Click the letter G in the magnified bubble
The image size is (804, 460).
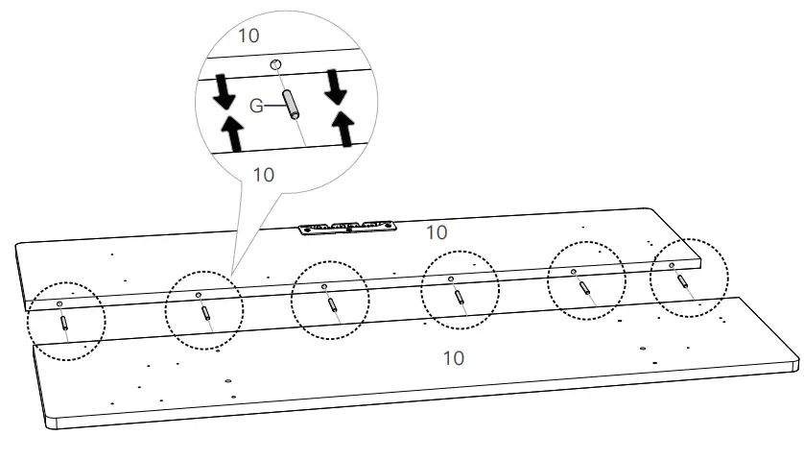[256, 106]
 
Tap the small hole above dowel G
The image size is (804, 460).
[276, 64]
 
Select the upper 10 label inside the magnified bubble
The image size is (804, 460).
[249, 35]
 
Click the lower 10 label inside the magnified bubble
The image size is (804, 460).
[262, 175]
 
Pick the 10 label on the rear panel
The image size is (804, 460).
[436, 232]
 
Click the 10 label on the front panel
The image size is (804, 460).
[453, 358]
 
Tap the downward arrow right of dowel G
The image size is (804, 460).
[336, 89]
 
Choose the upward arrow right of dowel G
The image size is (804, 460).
[343, 127]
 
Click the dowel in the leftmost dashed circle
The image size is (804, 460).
[64, 321]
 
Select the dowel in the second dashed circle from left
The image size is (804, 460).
[204, 312]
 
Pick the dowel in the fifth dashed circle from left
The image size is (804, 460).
[583, 288]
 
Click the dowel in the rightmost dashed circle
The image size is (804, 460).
[682, 281]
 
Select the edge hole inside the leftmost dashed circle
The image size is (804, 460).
[59, 302]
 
